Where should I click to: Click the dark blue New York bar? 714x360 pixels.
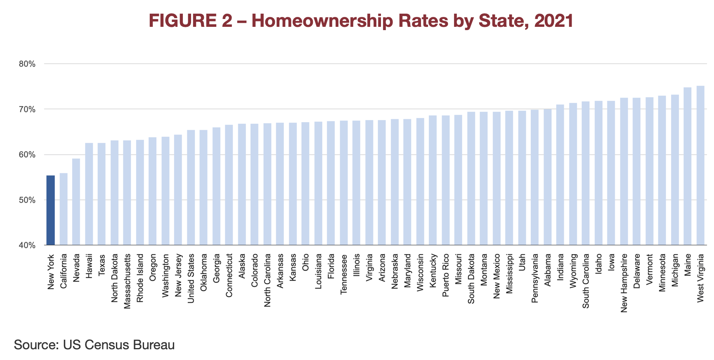pyautogui.click(x=50, y=210)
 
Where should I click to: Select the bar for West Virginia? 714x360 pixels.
pyautogui.click(x=700, y=165)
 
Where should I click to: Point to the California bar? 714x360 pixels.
pyautogui.click(x=63, y=209)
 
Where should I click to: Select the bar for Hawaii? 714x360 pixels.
pyautogui.click(x=89, y=194)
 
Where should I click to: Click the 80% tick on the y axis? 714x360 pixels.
pyautogui.click(x=27, y=64)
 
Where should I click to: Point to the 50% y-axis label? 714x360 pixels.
pyautogui.click(x=27, y=200)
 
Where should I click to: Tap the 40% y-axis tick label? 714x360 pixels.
pyautogui.click(x=27, y=246)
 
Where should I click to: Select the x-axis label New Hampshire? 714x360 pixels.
pyautogui.click(x=624, y=283)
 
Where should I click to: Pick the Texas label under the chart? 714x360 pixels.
pyautogui.click(x=102, y=265)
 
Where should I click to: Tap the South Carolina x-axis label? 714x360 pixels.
pyautogui.click(x=586, y=281)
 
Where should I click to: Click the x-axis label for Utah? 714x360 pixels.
pyautogui.click(x=522, y=263)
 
